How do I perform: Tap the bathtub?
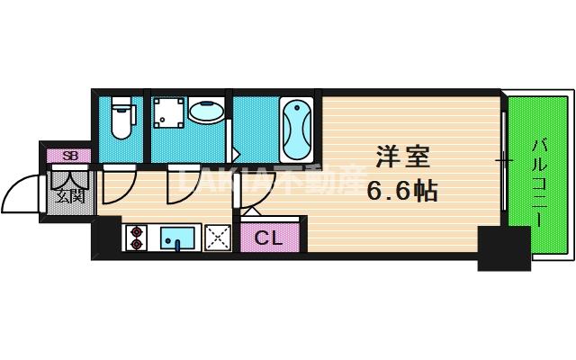click(x=295, y=127)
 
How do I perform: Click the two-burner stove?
click(x=136, y=238)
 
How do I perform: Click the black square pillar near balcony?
click(x=503, y=249)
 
